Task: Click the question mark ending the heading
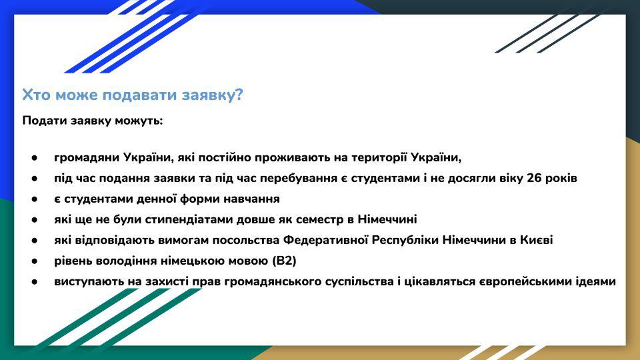pyautogui.click(x=239, y=95)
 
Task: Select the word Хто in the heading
pyautogui.click(x=37, y=95)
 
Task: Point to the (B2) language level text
pyautogui.click(x=284, y=261)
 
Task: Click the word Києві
pyautogui.click(x=536, y=240)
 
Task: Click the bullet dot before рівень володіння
pyautogui.click(x=34, y=261)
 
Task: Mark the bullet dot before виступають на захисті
pyautogui.click(x=34, y=281)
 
